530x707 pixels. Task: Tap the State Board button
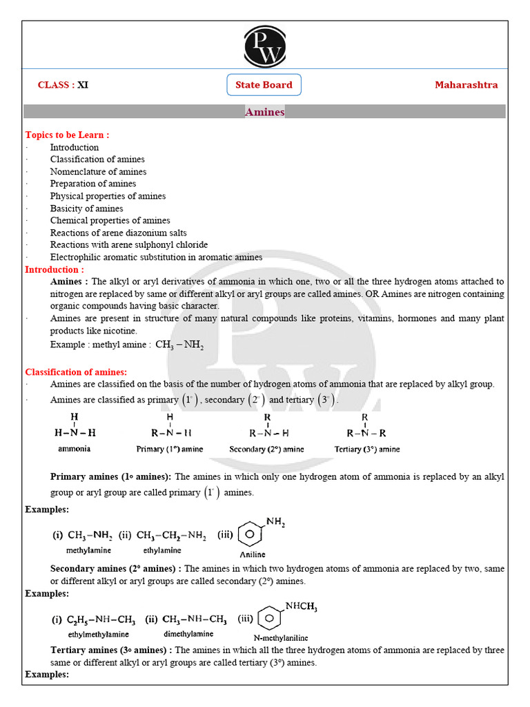tap(264, 85)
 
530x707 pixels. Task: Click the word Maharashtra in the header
tap(466, 85)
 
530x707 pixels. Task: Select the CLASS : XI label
tap(63, 85)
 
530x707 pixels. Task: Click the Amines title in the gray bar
tap(264, 112)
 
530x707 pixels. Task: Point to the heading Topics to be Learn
tap(67, 135)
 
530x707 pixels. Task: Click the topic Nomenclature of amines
tap(98, 171)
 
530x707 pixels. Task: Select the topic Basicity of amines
tap(86, 209)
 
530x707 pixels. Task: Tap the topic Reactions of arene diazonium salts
tap(118, 233)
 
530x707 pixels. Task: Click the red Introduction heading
tap(55, 269)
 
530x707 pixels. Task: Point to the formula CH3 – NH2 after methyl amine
tap(179, 345)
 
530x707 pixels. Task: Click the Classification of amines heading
tap(76, 372)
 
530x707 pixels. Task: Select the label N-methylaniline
tap(281, 637)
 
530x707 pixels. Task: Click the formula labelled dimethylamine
tap(188, 619)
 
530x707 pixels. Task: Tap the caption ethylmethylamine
tap(98, 634)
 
